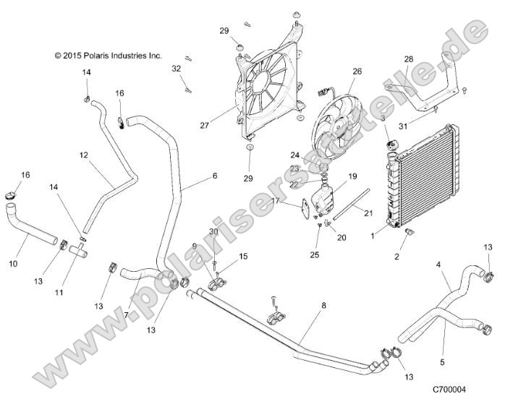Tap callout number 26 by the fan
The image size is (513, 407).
(356, 72)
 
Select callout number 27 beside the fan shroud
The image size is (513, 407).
(204, 125)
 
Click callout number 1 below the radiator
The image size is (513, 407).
(373, 235)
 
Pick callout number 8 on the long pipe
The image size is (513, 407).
(323, 305)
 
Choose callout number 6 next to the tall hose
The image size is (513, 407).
(194, 176)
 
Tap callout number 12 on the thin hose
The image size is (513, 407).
(83, 155)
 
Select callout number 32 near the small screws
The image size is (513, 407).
(175, 68)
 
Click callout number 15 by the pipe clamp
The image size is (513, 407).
(242, 256)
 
